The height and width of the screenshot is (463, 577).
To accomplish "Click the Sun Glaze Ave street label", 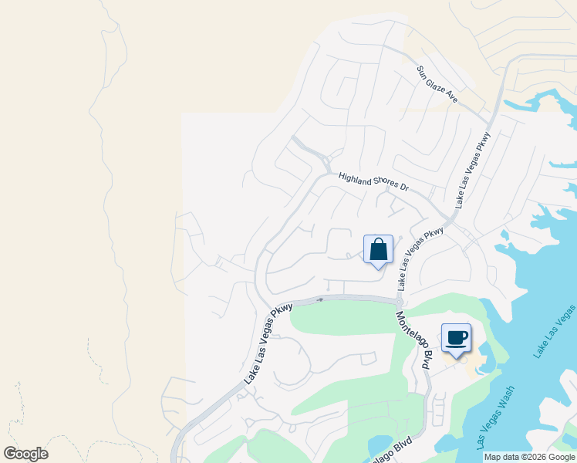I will coord(437,84).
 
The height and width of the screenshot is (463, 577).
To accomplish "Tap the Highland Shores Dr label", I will coord(373,182).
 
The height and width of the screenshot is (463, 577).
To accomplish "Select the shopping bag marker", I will coord(378,250).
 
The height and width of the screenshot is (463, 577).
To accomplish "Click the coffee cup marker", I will coord(456,338).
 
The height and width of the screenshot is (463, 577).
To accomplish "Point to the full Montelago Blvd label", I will coord(413,340).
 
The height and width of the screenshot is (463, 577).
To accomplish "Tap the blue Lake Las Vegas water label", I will coord(555,331).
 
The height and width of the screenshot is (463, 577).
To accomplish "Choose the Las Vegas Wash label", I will coord(496,420).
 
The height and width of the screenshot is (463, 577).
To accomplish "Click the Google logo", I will coord(25,454).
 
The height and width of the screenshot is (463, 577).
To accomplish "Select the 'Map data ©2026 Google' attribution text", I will coord(530,457).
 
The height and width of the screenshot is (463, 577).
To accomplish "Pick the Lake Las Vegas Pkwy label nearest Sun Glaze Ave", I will coord(473,171).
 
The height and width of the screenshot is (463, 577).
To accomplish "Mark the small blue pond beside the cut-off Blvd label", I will coord(380,446).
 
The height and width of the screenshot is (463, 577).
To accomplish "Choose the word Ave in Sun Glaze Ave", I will coord(451,97).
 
